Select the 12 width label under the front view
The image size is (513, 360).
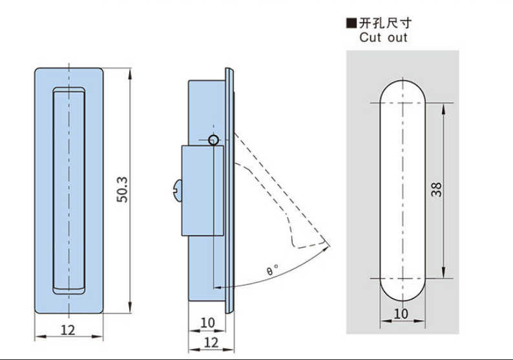(x=68, y=330)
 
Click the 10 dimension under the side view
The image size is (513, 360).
(x=207, y=323)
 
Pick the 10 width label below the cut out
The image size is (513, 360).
(x=401, y=313)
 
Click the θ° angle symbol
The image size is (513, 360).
(x=272, y=270)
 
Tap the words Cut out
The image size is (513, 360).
(x=383, y=38)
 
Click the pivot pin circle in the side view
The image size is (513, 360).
(x=215, y=140)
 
